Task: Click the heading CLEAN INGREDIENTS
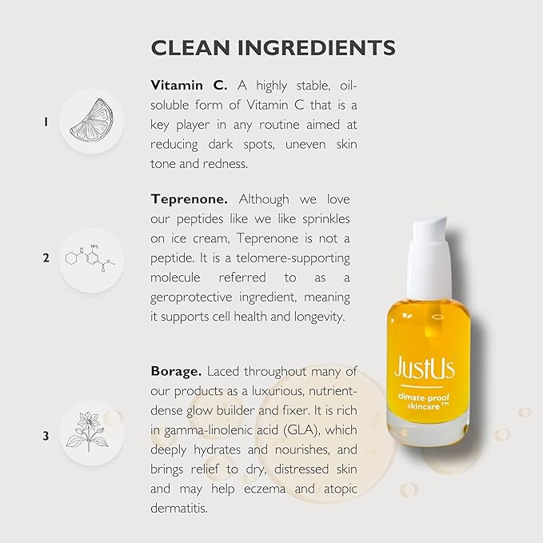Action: [273, 47]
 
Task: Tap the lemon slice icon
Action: [90, 122]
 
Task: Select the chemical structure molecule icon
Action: [90, 258]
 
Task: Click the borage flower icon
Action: [90, 436]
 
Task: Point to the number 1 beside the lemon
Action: [46, 122]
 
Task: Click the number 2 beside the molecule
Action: [46, 258]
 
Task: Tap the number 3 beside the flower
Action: [46, 436]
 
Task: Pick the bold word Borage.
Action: [176, 373]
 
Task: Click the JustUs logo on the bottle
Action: [425, 369]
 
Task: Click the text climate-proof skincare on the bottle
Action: [424, 401]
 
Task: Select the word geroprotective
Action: [197, 296]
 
